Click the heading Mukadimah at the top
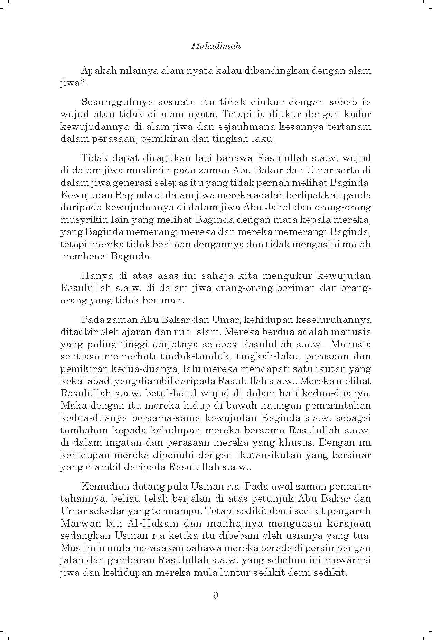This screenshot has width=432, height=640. point(216,46)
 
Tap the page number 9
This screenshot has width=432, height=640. point(216,595)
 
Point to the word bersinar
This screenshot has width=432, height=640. point(352,455)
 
